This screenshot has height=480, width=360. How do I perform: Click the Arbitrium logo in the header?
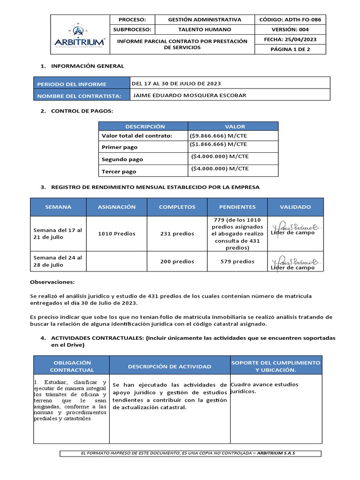tap(79, 36)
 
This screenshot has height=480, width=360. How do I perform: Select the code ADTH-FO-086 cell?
tap(290, 20)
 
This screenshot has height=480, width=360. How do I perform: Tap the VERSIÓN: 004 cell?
tap(290, 30)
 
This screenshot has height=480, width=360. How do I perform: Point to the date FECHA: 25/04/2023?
tap(290, 40)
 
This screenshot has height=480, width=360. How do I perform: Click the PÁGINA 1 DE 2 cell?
tap(290, 49)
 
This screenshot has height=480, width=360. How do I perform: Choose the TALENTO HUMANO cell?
tap(204, 30)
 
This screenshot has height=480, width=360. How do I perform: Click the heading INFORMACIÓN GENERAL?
tap(87, 66)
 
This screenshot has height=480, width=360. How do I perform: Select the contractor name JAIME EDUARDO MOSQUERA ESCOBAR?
tap(190, 96)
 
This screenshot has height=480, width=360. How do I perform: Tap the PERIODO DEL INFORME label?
tap(72, 84)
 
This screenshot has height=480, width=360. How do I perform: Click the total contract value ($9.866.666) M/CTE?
tap(218, 136)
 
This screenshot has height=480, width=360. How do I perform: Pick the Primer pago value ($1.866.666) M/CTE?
tap(218, 144)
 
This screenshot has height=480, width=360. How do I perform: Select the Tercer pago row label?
tap(119, 172)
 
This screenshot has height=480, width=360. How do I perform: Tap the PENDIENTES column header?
tap(237, 207)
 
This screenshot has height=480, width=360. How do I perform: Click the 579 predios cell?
tap(237, 262)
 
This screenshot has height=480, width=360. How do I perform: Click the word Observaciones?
tap(52, 282)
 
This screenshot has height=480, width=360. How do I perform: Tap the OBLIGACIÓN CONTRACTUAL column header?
tap(72, 366)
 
